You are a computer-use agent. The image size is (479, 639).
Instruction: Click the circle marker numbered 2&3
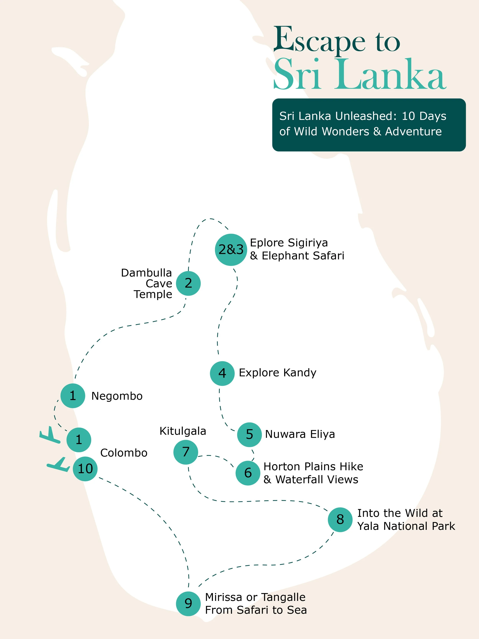[x=231, y=250]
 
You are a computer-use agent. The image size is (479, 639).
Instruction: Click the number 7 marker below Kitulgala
[x=186, y=452]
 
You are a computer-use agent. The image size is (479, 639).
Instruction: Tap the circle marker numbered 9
[x=188, y=603]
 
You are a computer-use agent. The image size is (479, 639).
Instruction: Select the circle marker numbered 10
[x=85, y=469]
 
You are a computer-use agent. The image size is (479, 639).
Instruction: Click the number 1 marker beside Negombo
[x=73, y=396]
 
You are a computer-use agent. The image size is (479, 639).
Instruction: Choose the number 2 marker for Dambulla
[x=188, y=283]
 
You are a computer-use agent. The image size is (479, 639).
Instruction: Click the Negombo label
[x=117, y=396]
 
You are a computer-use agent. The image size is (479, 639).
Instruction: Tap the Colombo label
[x=124, y=453]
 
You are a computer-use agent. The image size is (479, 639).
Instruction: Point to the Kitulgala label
[x=183, y=431]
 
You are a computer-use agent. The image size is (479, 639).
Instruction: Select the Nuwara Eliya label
[x=300, y=434]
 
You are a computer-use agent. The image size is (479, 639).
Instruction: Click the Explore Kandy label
[x=277, y=373]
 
